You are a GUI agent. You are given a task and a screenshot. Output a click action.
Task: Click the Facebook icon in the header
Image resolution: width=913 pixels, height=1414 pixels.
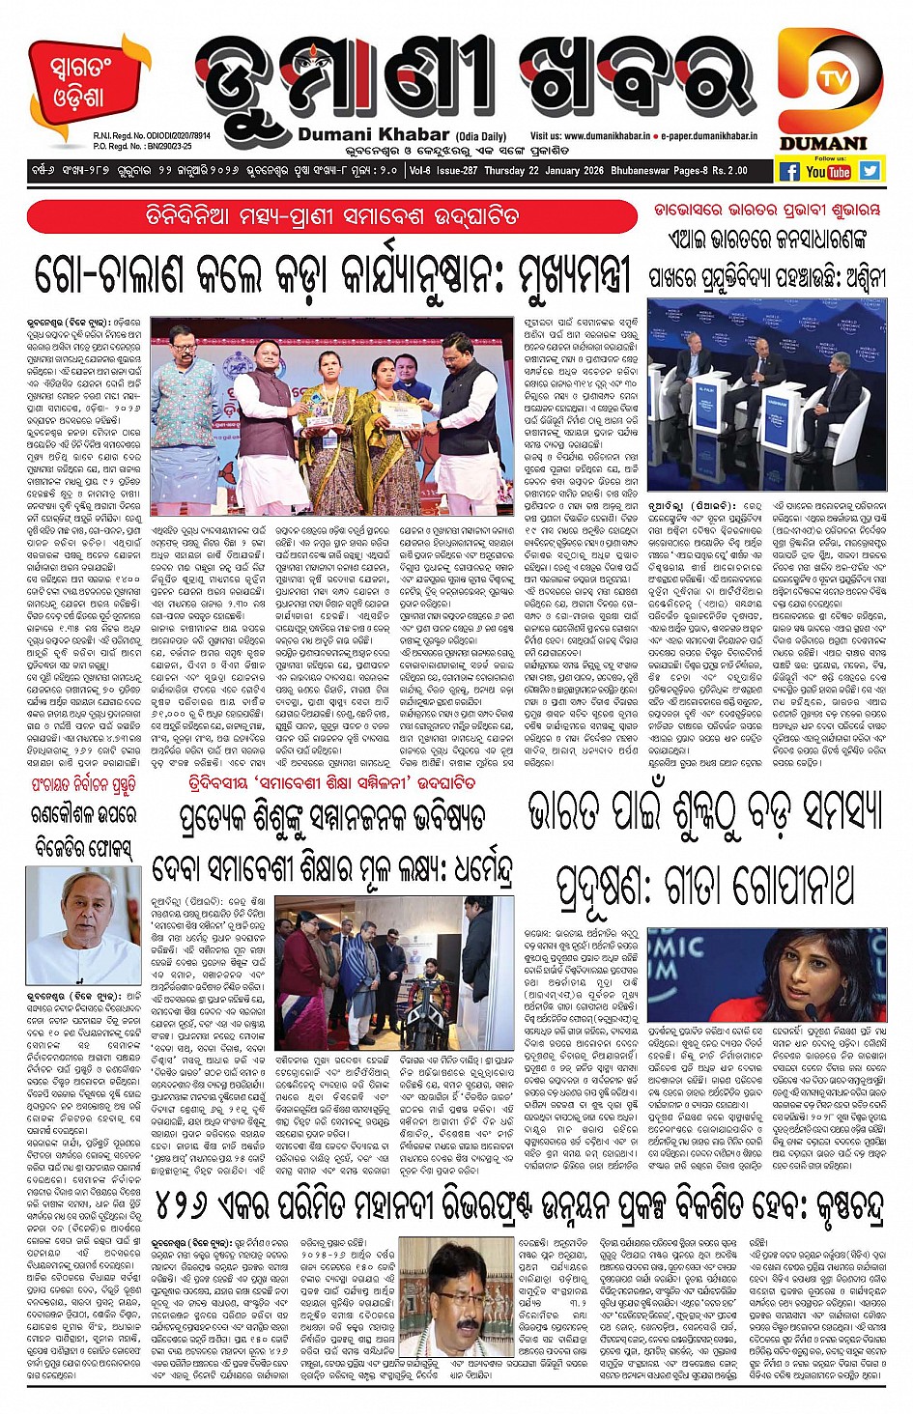[x=788, y=172]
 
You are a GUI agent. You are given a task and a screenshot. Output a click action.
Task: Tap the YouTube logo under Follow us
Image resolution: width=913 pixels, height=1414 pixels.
[x=828, y=172]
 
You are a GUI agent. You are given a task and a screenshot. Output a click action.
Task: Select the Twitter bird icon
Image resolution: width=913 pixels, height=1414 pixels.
[x=870, y=171]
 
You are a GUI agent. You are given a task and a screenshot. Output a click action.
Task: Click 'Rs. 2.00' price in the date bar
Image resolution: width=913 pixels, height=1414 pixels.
[x=728, y=171]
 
